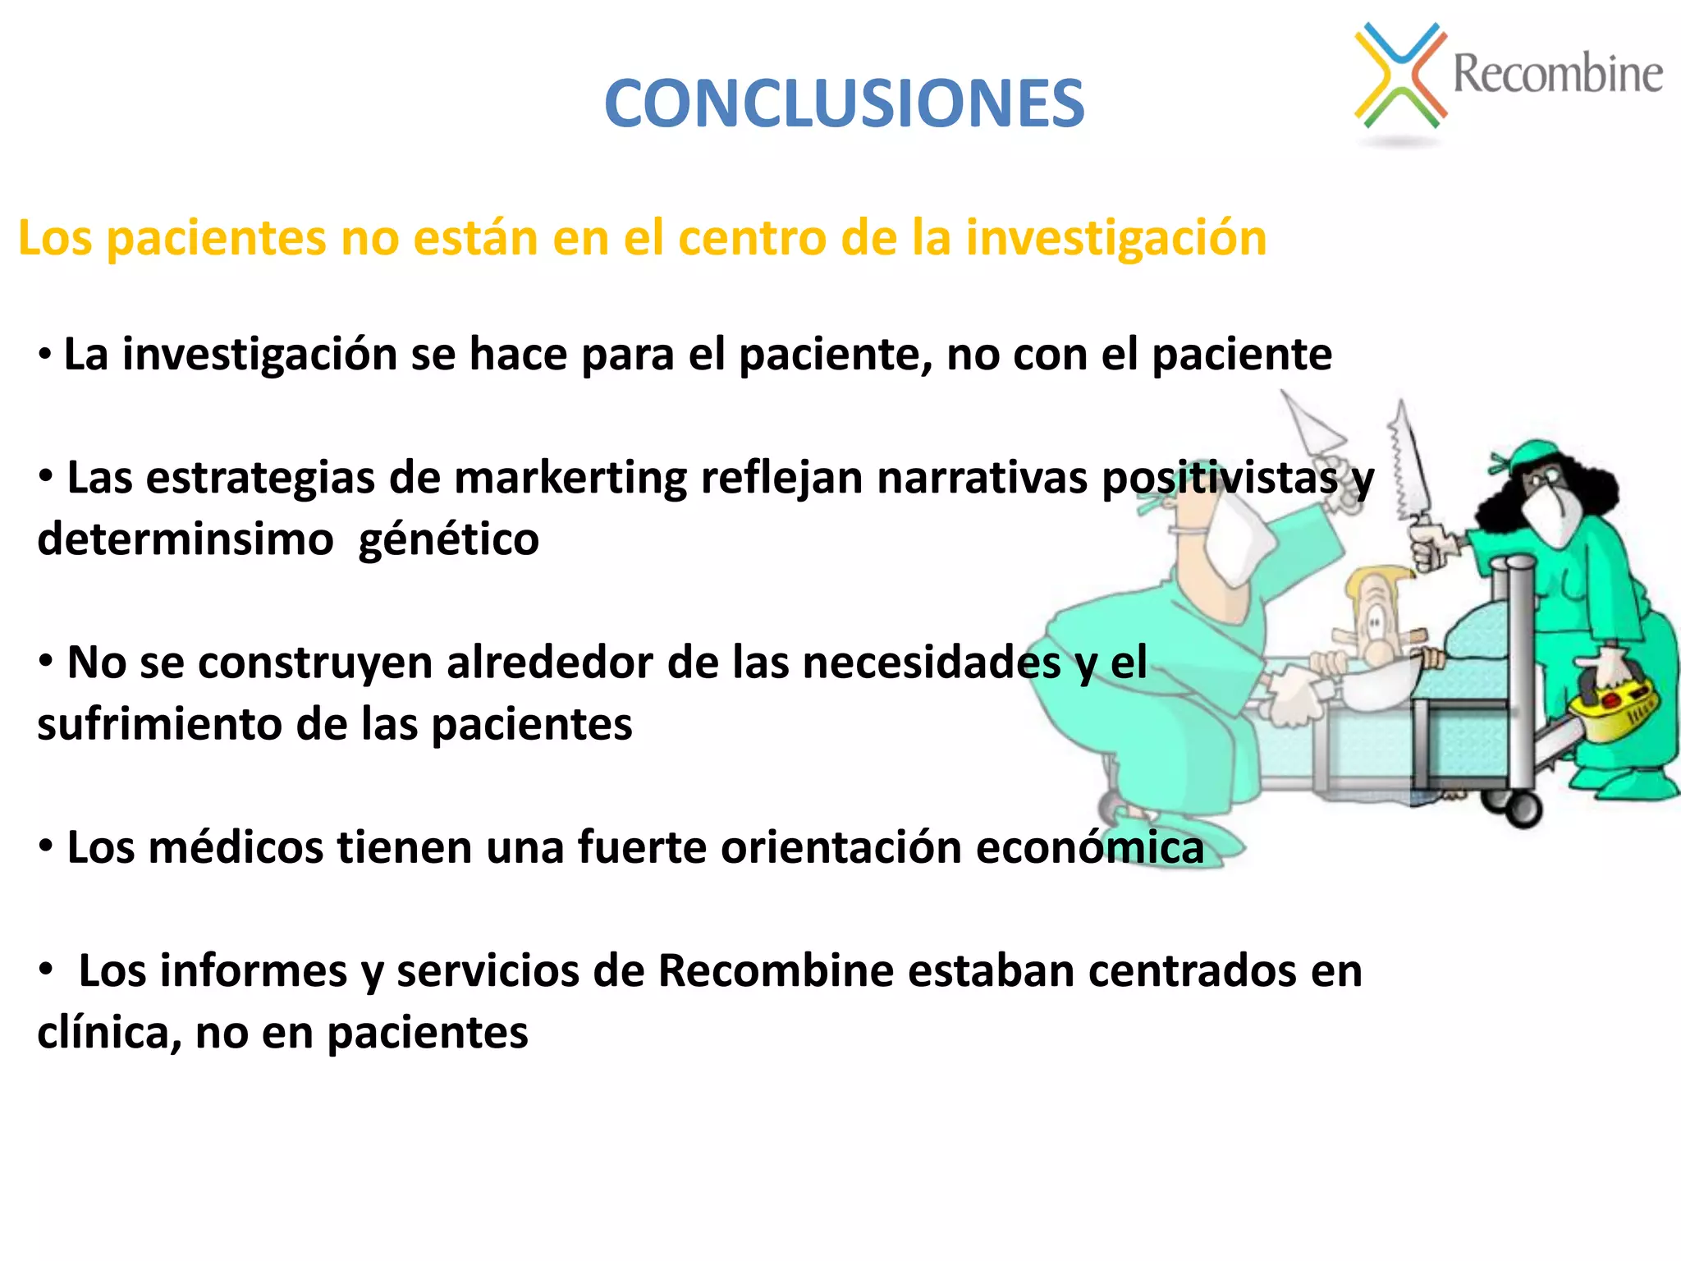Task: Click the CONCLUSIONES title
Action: tap(844, 103)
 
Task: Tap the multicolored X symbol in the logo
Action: tap(1400, 76)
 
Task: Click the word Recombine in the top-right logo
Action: tap(1557, 74)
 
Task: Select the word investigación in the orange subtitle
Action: tap(1115, 238)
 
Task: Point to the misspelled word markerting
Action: tap(570, 478)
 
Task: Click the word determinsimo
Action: tap(186, 540)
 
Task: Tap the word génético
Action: tap(449, 540)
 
